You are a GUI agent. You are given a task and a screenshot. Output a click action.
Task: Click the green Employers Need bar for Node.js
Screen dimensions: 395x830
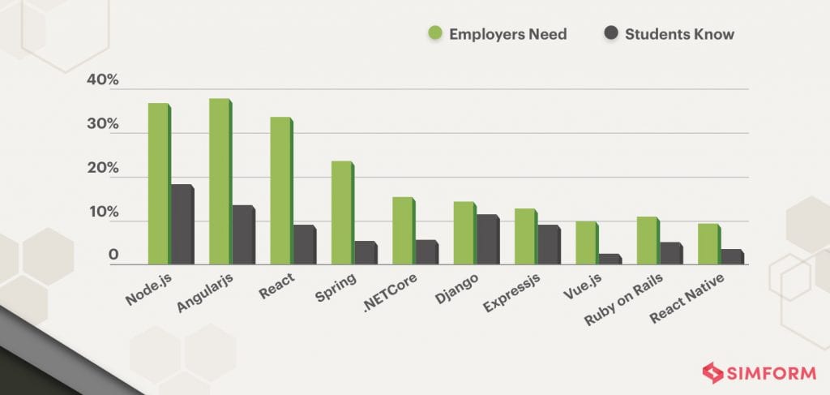pyautogui.click(x=158, y=183)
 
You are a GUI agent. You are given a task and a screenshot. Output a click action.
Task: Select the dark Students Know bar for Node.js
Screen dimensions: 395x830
pyautogui.click(x=181, y=224)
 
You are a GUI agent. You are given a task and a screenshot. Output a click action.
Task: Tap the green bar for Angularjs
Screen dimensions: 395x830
pyautogui.click(x=220, y=181)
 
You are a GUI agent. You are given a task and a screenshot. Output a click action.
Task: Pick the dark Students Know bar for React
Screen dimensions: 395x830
pyautogui.click(x=303, y=244)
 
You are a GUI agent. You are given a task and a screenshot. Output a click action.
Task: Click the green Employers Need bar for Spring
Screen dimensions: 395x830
pyautogui.click(x=341, y=213)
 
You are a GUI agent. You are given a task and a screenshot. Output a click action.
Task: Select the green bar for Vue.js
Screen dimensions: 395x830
pyautogui.click(x=586, y=243)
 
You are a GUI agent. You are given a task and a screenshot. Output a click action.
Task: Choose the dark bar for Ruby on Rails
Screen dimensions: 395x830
pyautogui.click(x=670, y=253)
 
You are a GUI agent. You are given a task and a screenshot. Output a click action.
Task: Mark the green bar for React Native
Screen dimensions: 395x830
pyautogui.click(x=708, y=243)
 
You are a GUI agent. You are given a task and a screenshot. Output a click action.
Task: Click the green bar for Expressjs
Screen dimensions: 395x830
pyautogui.click(x=524, y=236)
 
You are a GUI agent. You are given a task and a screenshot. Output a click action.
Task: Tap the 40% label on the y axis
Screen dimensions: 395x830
pyautogui.click(x=103, y=81)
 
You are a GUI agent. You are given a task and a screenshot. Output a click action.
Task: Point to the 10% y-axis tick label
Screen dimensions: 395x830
pyautogui.click(x=103, y=213)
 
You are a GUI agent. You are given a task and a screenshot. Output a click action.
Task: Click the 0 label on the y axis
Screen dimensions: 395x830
pyautogui.click(x=114, y=255)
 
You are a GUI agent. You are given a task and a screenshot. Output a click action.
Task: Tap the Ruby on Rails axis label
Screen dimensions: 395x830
pyautogui.click(x=622, y=299)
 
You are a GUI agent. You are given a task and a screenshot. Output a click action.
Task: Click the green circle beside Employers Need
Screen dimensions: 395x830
pyautogui.click(x=434, y=34)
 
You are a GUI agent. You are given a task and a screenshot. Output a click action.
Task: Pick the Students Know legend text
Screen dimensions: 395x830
pyautogui.click(x=679, y=34)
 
